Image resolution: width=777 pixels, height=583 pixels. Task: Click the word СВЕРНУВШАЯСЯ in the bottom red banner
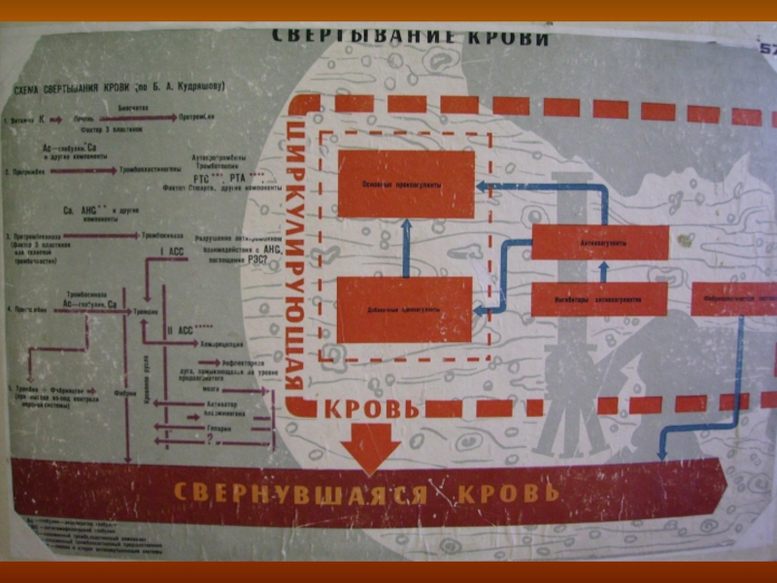(300, 491)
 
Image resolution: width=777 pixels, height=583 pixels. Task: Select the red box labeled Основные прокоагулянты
(405, 184)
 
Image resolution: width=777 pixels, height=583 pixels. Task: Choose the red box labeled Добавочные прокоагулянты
(404, 309)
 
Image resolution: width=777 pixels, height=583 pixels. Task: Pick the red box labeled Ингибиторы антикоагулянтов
(598, 299)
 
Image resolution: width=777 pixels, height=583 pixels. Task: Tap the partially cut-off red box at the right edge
(734, 299)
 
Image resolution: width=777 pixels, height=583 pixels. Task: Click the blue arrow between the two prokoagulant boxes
(407, 247)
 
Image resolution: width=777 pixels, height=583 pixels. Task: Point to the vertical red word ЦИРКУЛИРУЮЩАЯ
(298, 254)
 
